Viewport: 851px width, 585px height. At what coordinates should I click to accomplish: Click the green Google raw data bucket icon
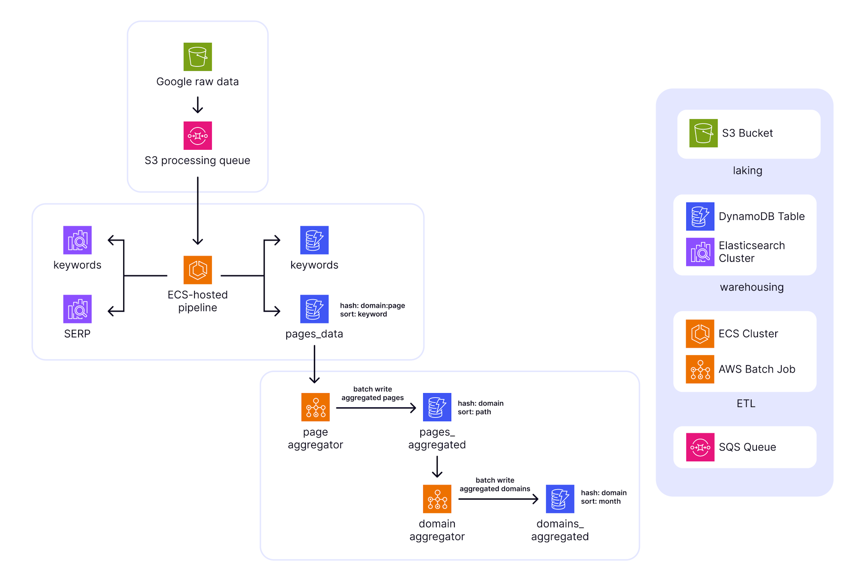pos(197,57)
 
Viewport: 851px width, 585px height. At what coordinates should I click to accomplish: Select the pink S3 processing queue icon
pos(197,136)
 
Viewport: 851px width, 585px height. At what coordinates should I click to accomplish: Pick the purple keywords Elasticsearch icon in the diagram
pos(77,240)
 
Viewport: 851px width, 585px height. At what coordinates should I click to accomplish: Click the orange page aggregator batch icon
pos(315,407)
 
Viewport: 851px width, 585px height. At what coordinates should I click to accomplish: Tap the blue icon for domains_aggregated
pos(560,499)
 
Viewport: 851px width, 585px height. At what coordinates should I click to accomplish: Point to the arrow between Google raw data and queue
pos(197,105)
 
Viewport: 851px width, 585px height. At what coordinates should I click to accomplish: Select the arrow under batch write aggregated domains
pos(498,499)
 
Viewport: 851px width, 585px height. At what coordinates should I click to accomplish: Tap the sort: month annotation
pos(601,501)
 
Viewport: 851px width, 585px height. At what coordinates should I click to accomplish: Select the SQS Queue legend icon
pos(700,447)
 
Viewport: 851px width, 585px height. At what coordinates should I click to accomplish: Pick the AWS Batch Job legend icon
pos(700,369)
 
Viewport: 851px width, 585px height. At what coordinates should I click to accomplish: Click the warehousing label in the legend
pos(751,287)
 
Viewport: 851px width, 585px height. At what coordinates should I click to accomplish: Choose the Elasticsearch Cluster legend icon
pos(700,252)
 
